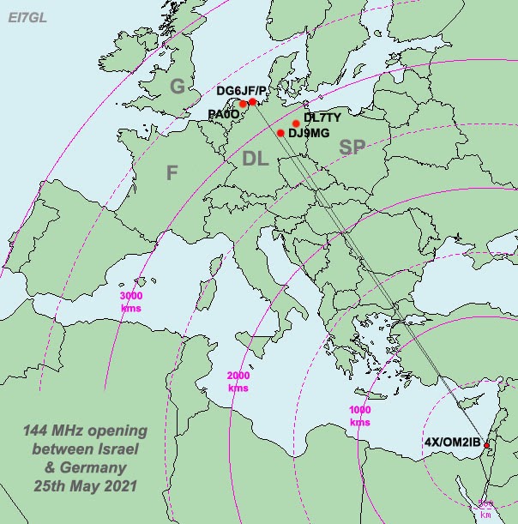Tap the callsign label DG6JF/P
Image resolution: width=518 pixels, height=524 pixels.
pos(241,90)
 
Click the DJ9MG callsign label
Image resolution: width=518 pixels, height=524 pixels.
pos(309,133)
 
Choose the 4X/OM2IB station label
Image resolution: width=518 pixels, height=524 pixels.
pos(453,443)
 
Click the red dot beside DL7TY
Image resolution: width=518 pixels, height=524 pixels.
pos(296,123)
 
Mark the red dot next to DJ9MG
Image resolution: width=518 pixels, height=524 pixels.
pos(280,133)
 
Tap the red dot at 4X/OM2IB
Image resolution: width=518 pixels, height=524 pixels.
pos(486,445)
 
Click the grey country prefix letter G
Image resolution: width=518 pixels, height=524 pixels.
pos(177,86)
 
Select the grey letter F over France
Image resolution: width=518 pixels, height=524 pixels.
pos(172,173)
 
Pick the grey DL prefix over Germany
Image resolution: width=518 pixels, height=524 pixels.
pos(255,158)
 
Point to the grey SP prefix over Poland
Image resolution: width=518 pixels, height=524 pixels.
pos(352,148)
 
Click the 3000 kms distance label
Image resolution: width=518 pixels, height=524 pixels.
pos(131,301)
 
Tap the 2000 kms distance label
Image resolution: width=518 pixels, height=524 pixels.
pos(238,382)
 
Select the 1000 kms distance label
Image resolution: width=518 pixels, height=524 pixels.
pos(360,416)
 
